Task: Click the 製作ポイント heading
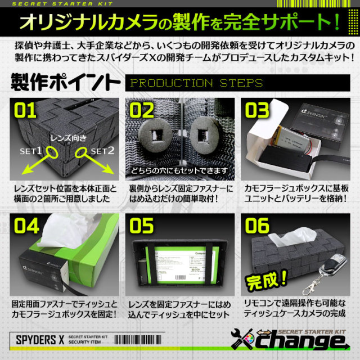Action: pos(64,82)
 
